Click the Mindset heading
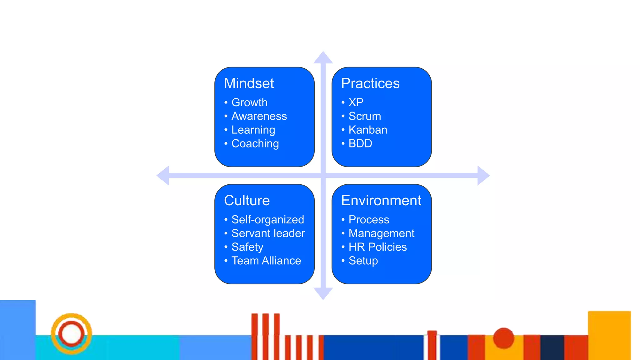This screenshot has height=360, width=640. click(249, 83)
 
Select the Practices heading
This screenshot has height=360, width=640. click(370, 83)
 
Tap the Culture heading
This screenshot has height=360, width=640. click(247, 200)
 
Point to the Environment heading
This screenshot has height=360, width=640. click(381, 200)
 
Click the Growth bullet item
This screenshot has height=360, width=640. click(249, 102)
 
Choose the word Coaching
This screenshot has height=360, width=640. click(255, 144)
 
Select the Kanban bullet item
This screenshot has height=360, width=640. click(368, 130)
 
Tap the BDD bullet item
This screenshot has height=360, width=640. click(360, 144)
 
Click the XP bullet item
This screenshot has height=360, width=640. click(356, 102)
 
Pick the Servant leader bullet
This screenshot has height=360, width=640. click(268, 233)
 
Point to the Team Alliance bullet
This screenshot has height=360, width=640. click(266, 261)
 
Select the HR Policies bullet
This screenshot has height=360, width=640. click(377, 247)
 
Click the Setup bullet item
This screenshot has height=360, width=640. click(363, 261)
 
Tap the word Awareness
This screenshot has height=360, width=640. click(259, 116)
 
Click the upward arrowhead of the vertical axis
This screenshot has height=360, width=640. click(323, 58)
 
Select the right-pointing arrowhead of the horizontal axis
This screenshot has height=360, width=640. click(483, 176)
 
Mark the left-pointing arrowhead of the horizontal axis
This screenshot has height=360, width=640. click(163, 176)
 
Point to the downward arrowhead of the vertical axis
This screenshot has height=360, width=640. click(323, 293)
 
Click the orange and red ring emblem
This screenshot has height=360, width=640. click(72, 333)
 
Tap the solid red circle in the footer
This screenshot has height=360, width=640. click(503, 338)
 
